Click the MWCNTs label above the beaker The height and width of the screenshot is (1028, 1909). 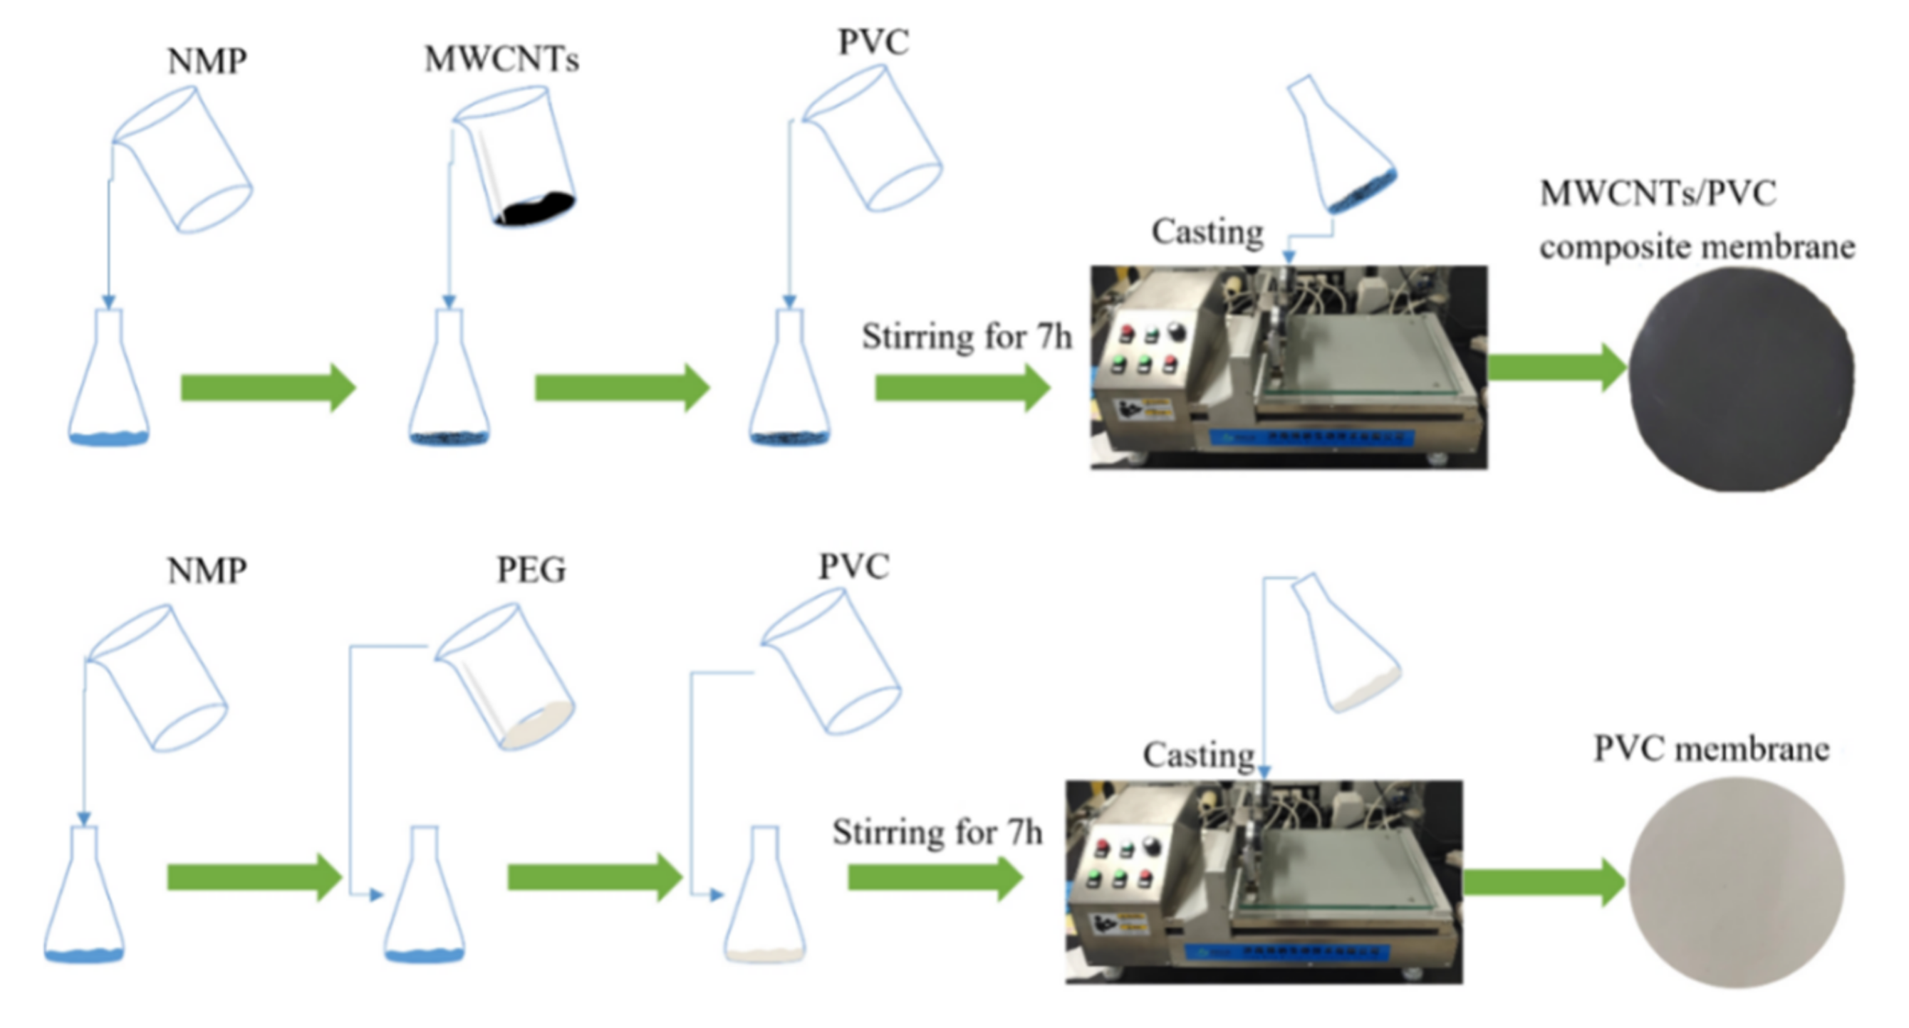(x=501, y=59)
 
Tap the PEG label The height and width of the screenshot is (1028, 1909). (x=531, y=570)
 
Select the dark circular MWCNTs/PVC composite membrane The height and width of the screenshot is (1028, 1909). (x=1741, y=379)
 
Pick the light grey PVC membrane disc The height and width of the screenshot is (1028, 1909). (x=1736, y=881)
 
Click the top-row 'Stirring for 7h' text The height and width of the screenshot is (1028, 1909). (x=966, y=337)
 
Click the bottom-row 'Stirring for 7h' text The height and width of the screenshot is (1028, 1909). (x=937, y=832)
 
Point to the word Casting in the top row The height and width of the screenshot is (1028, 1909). (x=1207, y=232)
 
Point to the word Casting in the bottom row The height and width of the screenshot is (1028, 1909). (x=1198, y=755)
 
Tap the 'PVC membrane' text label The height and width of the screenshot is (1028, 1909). (x=1711, y=749)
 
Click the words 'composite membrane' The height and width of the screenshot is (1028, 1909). (x=1696, y=246)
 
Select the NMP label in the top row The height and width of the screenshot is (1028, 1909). (x=207, y=61)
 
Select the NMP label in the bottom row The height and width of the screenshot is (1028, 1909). (x=207, y=571)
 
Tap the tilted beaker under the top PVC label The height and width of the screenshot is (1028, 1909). (x=873, y=139)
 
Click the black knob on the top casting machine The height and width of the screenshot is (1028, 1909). (x=1176, y=330)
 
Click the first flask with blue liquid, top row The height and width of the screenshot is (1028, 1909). (x=109, y=385)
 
